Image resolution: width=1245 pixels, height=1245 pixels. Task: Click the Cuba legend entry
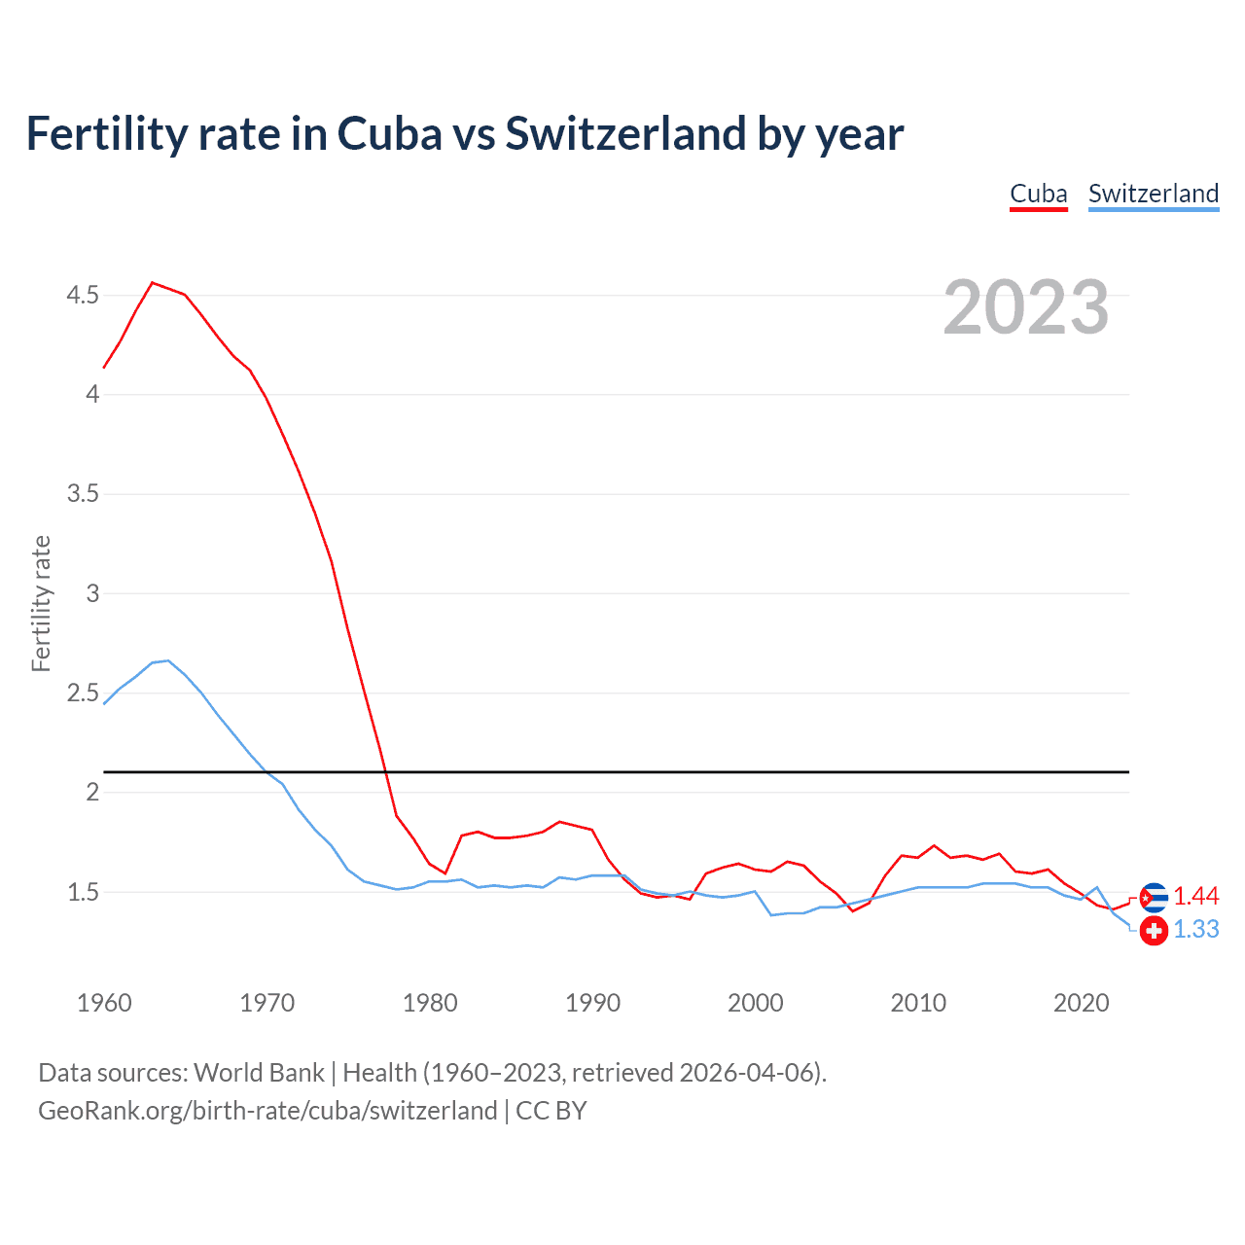click(1038, 194)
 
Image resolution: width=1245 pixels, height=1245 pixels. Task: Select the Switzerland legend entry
click(1153, 194)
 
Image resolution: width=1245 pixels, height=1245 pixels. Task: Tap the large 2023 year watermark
click(1025, 307)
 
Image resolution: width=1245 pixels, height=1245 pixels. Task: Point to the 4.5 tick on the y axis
click(83, 295)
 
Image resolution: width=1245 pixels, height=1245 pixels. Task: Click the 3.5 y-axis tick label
click(83, 494)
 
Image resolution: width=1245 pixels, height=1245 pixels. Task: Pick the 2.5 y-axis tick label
click(83, 694)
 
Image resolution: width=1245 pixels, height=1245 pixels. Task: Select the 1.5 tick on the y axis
click(83, 892)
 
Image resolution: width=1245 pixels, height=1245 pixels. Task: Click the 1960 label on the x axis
click(104, 1003)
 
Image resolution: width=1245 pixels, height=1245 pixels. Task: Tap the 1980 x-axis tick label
click(430, 1003)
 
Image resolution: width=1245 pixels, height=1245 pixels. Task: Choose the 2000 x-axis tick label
click(756, 1003)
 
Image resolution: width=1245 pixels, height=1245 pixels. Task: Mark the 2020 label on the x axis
click(1081, 1003)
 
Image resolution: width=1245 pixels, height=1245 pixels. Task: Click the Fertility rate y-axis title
click(41, 603)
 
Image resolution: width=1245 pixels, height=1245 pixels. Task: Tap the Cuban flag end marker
click(1154, 897)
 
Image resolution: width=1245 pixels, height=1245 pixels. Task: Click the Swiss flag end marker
click(1154, 931)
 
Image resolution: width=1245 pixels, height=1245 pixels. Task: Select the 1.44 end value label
click(1195, 897)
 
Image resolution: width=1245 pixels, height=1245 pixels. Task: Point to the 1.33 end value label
click(1195, 930)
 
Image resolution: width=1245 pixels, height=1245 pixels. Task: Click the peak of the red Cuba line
click(153, 283)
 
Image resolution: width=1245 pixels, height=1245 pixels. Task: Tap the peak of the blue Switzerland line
click(168, 661)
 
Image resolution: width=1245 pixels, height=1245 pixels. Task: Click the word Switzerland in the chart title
click(625, 133)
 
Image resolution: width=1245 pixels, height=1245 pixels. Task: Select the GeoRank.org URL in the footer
click(267, 1111)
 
